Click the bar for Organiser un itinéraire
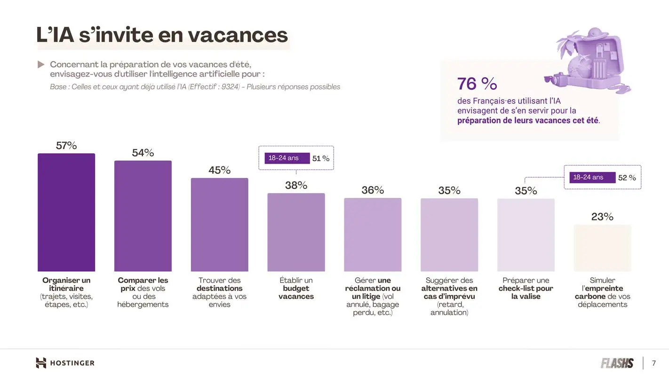[66, 212]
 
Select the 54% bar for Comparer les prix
[143, 216]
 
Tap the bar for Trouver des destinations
[219, 225]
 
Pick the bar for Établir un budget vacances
[296, 232]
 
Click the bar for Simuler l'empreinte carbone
[602, 248]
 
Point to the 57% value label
[66, 146]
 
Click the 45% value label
[219, 170]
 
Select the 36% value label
[373, 190]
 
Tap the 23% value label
[602, 217]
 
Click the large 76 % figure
[477, 84]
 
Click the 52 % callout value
[627, 178]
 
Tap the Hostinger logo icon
[41, 363]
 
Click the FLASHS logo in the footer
[617, 363]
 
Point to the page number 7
[653, 363]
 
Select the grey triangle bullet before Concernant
[41, 64]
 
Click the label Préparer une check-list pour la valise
[526, 288]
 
